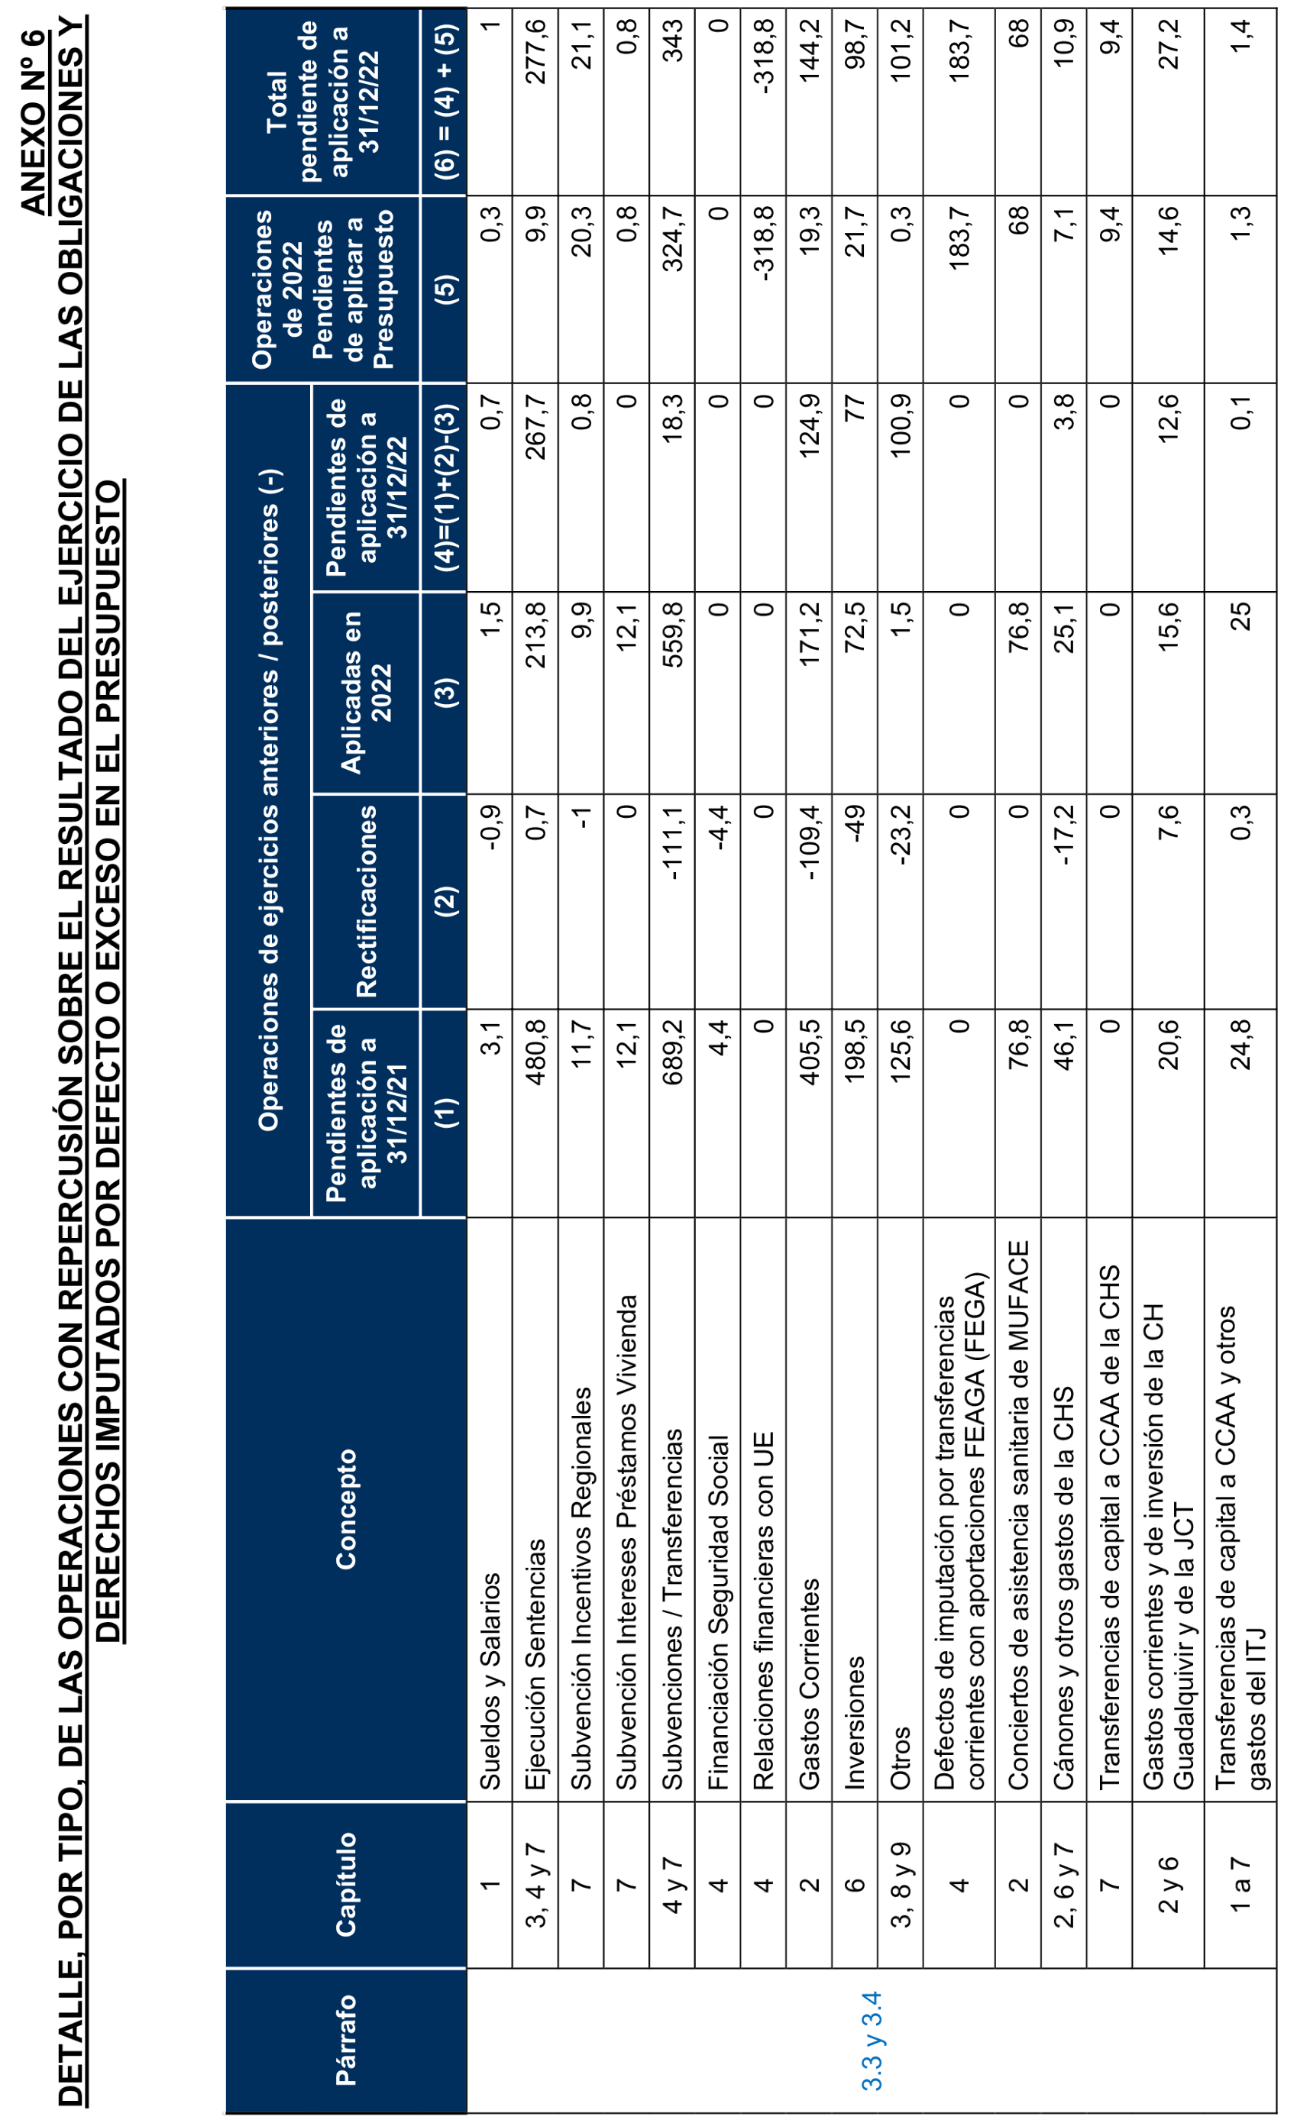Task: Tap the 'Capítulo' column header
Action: (x=346, y=1884)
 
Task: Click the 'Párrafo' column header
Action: (x=346, y=2039)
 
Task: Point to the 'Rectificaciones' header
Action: (x=367, y=901)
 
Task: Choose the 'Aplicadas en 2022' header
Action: (x=365, y=692)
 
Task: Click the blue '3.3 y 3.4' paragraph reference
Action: (x=872, y=2040)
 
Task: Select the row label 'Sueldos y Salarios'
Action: (x=490, y=1681)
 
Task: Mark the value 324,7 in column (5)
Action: (x=672, y=239)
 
